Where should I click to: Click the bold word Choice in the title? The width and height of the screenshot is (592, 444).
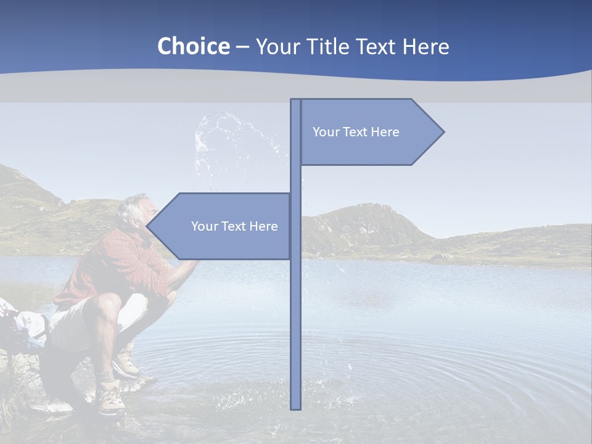[193, 46]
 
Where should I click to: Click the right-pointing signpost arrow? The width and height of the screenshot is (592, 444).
[370, 132]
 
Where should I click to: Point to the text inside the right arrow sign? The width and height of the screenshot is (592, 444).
[356, 132]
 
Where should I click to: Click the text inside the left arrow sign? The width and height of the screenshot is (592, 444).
[234, 226]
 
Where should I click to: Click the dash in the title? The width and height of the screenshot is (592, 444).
[242, 47]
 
